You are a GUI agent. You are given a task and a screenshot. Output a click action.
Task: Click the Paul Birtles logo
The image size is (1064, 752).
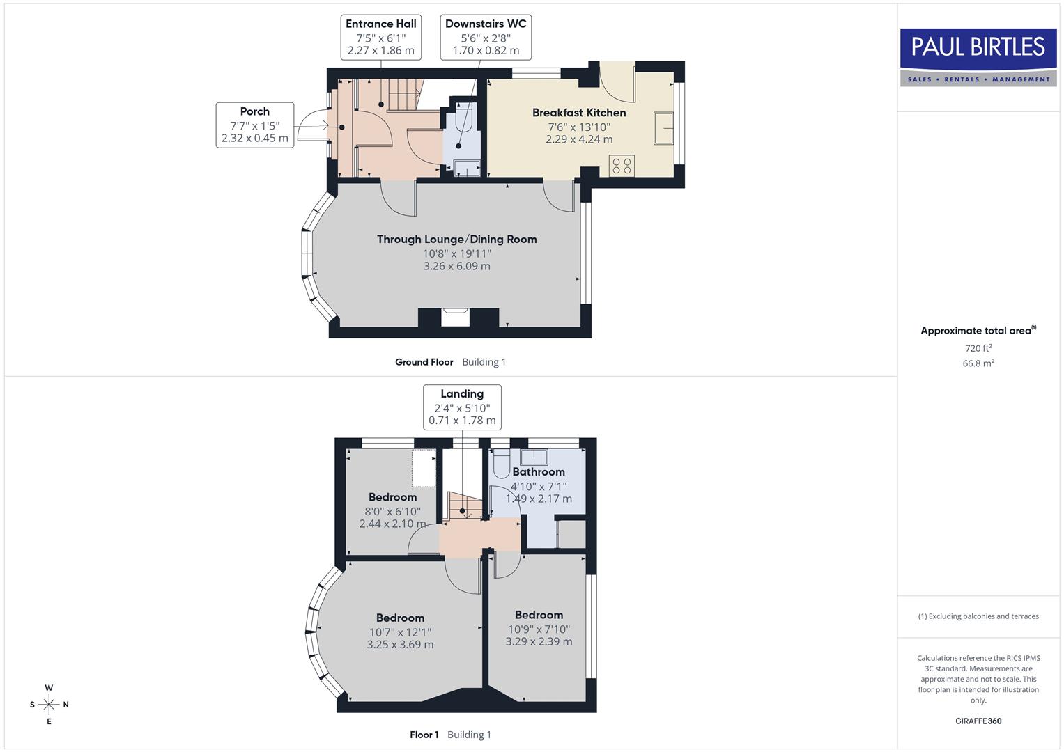(978, 57)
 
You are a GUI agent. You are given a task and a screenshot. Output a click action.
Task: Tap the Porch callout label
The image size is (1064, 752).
(255, 125)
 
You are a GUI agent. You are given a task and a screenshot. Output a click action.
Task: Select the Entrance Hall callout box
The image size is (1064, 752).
(380, 37)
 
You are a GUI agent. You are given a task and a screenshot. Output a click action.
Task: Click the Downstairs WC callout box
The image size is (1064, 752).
(486, 37)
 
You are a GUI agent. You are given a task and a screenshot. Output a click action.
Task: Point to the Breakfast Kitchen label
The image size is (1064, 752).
(579, 113)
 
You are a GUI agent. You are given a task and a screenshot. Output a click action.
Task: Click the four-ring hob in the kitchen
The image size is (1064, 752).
(622, 166)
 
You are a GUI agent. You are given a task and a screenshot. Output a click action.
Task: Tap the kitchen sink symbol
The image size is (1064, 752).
(664, 128)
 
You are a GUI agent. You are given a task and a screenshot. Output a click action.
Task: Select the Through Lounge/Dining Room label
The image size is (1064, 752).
(456, 240)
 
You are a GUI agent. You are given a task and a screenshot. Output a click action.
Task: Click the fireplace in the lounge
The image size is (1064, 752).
(456, 317)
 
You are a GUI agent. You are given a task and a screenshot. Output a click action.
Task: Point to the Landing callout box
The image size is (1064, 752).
(462, 407)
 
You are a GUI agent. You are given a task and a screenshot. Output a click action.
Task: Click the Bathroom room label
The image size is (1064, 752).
(538, 472)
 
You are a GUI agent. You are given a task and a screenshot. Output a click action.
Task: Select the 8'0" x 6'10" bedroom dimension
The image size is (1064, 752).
(393, 511)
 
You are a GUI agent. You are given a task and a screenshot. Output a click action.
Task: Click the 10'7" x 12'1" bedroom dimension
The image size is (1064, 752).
(400, 632)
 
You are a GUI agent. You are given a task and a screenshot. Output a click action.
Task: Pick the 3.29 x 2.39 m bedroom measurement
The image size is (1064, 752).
(539, 641)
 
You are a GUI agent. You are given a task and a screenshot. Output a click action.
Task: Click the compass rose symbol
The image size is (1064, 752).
(49, 705)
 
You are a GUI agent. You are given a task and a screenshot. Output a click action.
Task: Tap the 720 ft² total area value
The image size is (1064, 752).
(978, 348)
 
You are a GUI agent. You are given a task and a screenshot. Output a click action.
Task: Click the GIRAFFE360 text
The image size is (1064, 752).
(978, 721)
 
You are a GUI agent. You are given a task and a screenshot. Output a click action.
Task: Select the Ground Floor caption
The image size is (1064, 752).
(424, 362)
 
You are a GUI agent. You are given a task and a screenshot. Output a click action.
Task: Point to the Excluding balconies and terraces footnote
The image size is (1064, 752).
(978, 616)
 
